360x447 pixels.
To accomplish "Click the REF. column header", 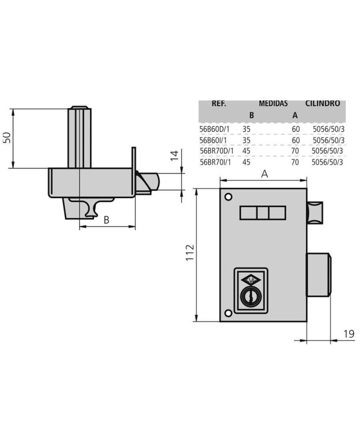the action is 219,103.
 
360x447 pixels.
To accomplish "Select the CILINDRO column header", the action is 322,103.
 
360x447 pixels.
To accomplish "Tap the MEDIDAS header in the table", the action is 273,103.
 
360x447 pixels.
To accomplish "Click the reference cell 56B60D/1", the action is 214,129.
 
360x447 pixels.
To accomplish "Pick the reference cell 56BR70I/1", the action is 215,162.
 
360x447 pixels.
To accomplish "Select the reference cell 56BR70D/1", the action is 217,151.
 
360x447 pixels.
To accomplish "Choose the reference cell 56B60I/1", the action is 213,140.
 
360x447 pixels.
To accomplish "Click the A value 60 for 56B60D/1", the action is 296,129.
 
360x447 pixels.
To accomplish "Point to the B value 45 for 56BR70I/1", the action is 246,162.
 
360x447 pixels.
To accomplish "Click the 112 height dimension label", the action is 190,252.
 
